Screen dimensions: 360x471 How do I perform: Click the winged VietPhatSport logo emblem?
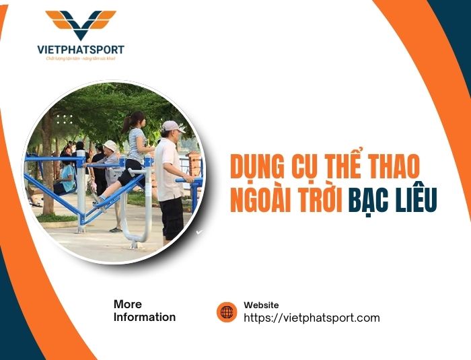coord(81,24)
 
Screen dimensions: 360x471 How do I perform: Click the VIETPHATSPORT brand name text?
coord(81,50)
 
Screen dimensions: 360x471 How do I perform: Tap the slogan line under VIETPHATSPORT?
coord(81,59)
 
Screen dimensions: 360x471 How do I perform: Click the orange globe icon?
coord(227,312)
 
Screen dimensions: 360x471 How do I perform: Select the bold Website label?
coord(261,305)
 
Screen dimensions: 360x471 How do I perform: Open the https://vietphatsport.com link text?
coord(312,318)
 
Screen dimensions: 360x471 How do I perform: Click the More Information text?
coord(144,311)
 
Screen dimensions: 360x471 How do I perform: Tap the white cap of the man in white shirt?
coord(172,126)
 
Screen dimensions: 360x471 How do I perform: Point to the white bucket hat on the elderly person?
coord(110,145)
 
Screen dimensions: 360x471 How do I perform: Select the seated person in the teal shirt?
coord(67,176)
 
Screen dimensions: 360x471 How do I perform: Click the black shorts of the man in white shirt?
coord(171,217)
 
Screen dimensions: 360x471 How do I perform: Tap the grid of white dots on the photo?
coord(64,119)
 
